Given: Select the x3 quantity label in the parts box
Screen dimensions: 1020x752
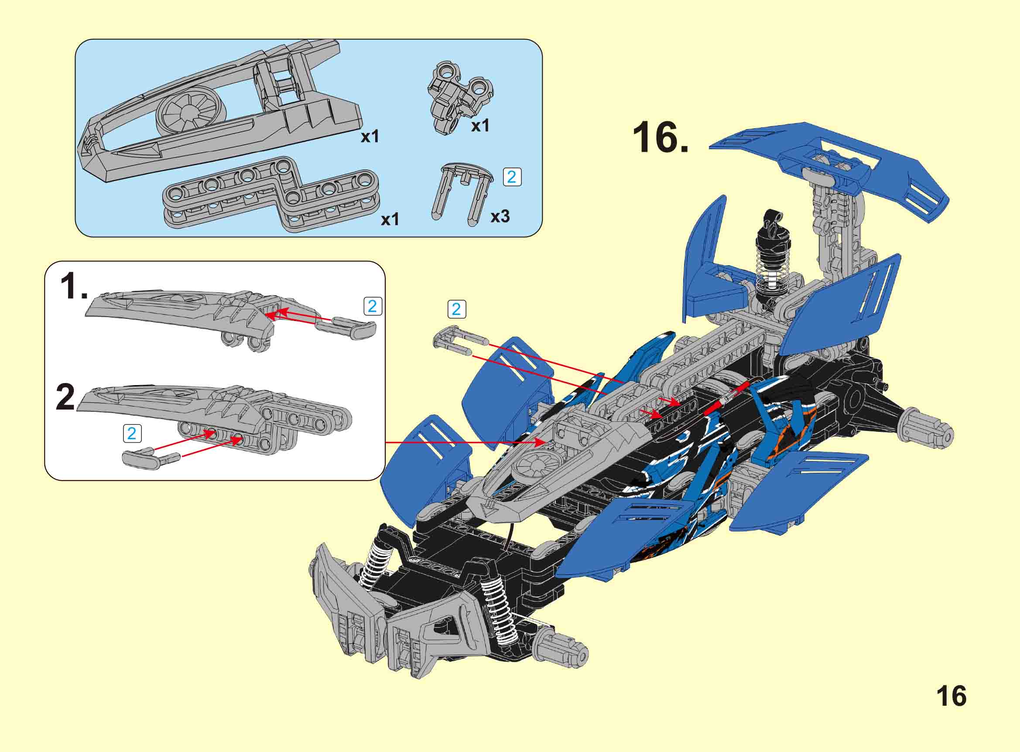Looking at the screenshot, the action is [x=500, y=217].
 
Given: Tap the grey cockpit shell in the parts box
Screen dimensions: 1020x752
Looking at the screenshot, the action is [x=219, y=112].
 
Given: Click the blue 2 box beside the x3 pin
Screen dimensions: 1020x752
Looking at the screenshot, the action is [x=512, y=177].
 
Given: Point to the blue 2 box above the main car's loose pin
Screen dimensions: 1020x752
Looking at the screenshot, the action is [x=456, y=310].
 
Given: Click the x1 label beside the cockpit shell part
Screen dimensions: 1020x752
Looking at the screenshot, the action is [x=370, y=137].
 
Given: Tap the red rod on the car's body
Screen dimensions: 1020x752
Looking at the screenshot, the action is [x=726, y=399].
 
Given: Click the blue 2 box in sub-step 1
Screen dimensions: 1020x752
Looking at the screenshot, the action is [x=373, y=306].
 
